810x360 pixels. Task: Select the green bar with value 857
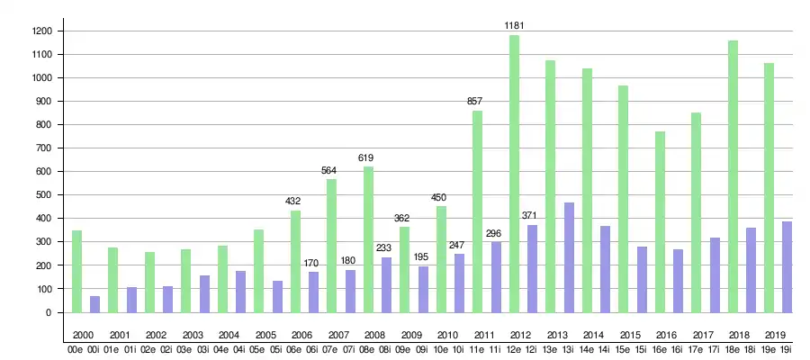pyautogui.click(x=477, y=211)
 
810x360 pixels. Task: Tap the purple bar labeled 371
pyautogui.click(x=532, y=269)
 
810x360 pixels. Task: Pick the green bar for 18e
pyautogui.click(x=733, y=176)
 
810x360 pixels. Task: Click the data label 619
pyautogui.click(x=366, y=157)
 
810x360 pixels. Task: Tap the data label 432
pyautogui.click(x=294, y=202)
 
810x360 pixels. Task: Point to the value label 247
pyautogui.click(x=456, y=245)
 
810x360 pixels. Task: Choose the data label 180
pyautogui.click(x=347, y=261)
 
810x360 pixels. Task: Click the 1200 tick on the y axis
pyautogui.click(x=41, y=31)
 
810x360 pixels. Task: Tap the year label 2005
pyautogui.click(x=265, y=334)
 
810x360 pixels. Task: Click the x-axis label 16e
pyautogui.click(x=659, y=350)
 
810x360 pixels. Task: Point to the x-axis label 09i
pyautogui.click(x=421, y=350)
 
